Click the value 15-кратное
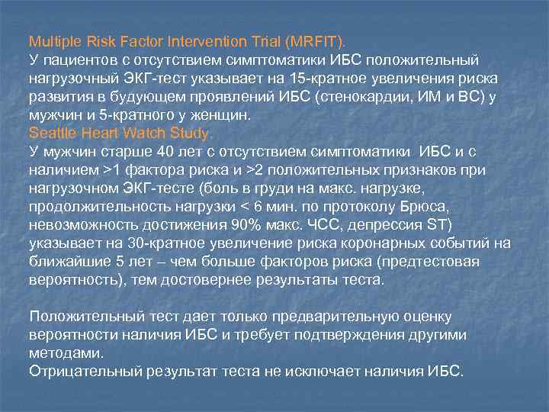(361, 78)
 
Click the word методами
(65, 352)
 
